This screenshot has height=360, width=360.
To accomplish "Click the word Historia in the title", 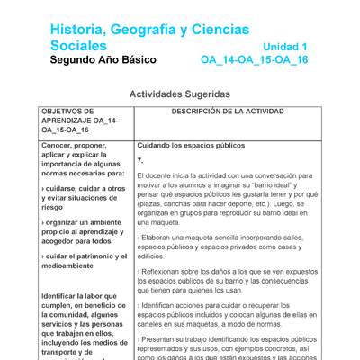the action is pyautogui.click(x=79, y=29).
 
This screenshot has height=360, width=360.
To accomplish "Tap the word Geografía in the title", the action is pyautogui.click(x=154, y=29).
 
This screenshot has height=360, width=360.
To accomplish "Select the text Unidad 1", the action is pyautogui.click(x=285, y=46).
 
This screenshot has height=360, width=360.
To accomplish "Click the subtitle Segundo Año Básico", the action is pyautogui.click(x=103, y=60).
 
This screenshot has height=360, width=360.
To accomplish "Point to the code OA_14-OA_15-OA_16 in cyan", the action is pyautogui.click(x=254, y=60).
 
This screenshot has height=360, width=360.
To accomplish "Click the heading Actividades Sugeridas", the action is pyautogui.click(x=179, y=94).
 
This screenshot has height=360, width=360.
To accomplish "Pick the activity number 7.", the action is pyautogui.click(x=140, y=159).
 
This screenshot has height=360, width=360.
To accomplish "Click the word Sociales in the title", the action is pyautogui.click(x=78, y=45).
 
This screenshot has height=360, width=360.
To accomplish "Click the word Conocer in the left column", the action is pyautogui.click(x=60, y=145).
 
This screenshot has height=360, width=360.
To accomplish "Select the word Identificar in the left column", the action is pyautogui.click(x=67, y=296).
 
